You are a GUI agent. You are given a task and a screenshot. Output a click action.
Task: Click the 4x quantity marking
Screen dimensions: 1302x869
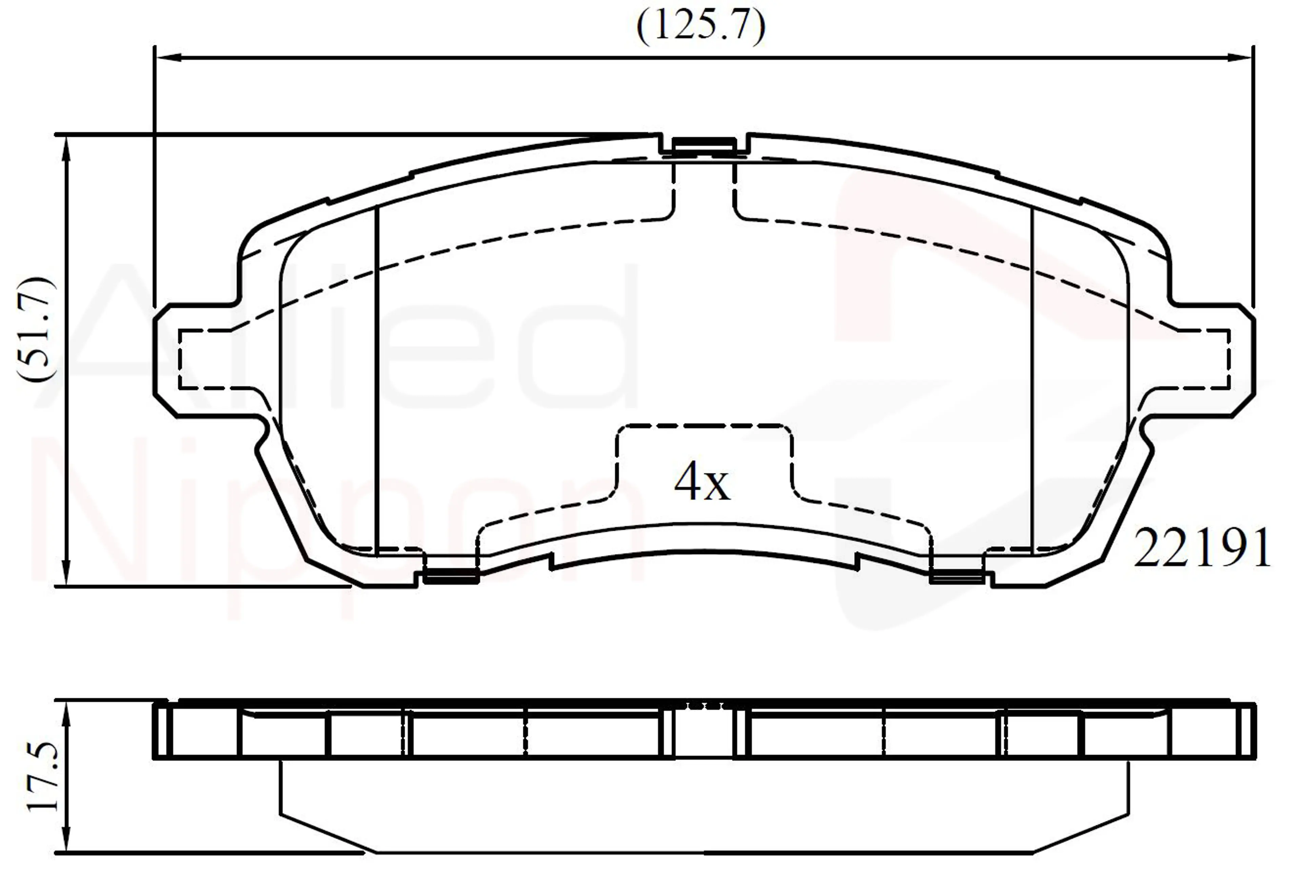click(x=702, y=481)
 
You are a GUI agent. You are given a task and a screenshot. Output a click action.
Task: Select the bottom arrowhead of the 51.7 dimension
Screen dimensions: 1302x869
click(x=66, y=571)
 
